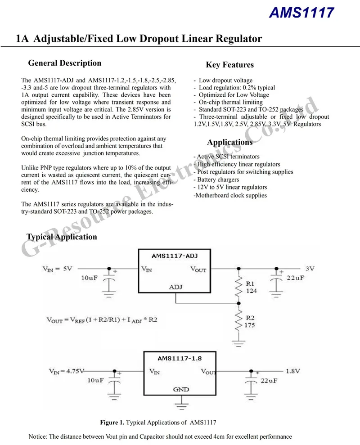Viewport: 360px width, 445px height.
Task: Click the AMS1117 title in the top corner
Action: click(x=301, y=13)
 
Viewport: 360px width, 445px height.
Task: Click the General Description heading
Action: click(x=64, y=63)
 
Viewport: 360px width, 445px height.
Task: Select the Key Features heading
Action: click(x=229, y=65)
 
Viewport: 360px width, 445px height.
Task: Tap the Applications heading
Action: click(x=229, y=142)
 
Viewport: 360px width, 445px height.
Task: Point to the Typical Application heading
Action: click(x=62, y=237)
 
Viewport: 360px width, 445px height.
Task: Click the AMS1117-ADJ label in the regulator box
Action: click(x=175, y=256)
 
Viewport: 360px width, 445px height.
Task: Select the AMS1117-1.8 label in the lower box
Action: click(x=180, y=358)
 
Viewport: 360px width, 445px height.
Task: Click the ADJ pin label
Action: click(x=175, y=287)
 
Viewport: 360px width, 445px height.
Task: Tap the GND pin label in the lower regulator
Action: click(x=181, y=389)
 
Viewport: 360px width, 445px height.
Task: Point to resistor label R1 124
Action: click(x=250, y=288)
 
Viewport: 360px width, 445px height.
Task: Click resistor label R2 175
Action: click(x=250, y=321)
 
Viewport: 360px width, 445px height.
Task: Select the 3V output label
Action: click(x=310, y=269)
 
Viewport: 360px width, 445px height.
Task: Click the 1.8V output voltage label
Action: click(x=293, y=371)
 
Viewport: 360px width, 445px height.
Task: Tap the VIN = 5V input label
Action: click(x=57, y=269)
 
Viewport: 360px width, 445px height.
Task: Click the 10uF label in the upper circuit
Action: click(x=89, y=278)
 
